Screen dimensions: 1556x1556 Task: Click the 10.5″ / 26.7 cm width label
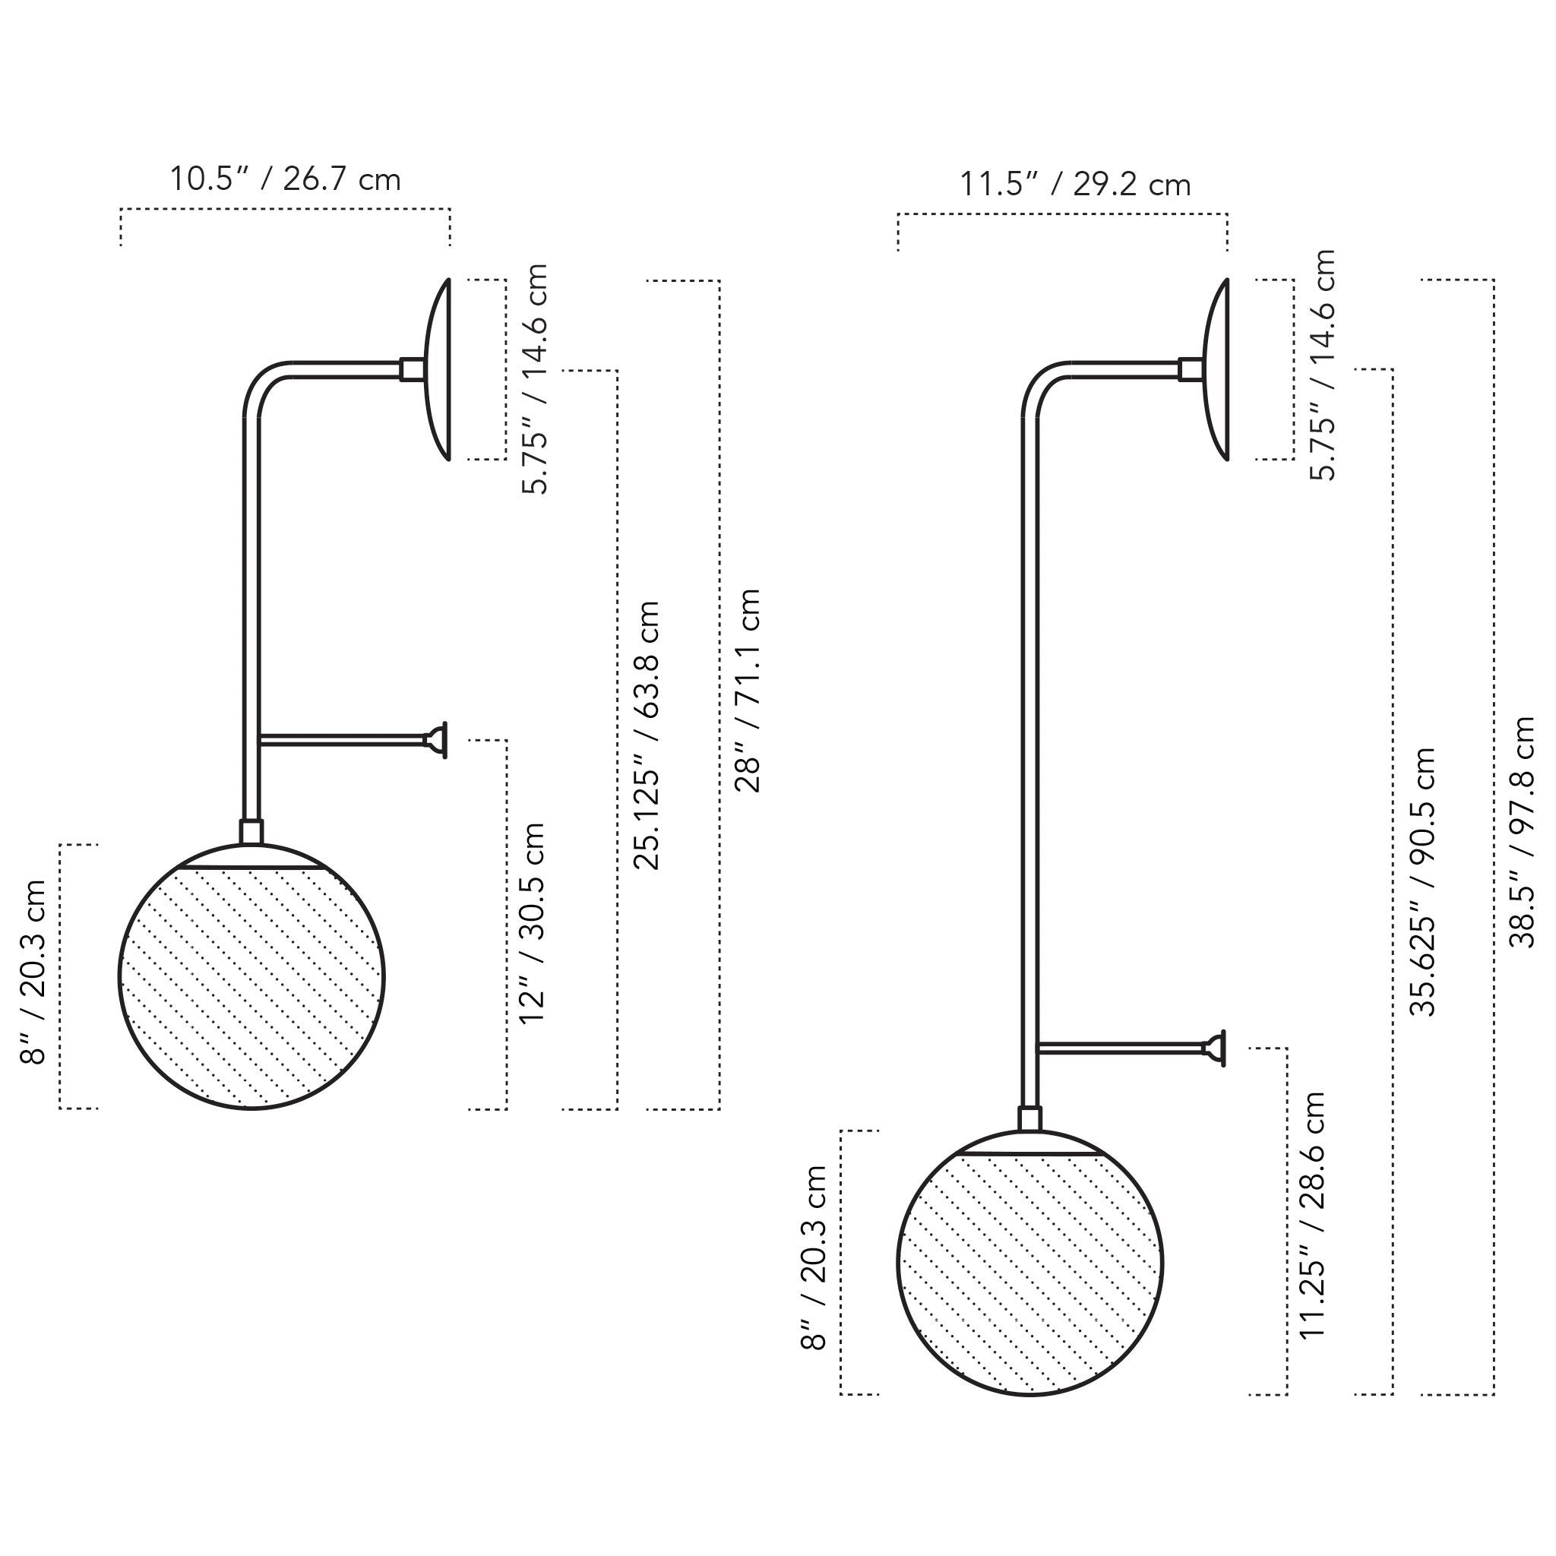click(x=284, y=179)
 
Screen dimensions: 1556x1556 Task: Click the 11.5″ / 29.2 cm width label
click(x=1074, y=185)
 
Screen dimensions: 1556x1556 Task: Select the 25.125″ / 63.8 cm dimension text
click(x=647, y=735)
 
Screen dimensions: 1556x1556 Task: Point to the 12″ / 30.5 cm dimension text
click(x=533, y=922)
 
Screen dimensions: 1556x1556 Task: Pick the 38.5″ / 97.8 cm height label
click(x=1522, y=831)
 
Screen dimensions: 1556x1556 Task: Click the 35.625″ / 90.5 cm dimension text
click(x=1423, y=882)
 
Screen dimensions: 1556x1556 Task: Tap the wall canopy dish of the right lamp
click(x=1217, y=368)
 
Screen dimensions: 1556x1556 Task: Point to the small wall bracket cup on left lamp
click(x=437, y=739)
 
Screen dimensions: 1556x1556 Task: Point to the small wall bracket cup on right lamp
click(x=1216, y=1048)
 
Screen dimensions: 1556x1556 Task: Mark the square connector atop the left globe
click(x=251, y=832)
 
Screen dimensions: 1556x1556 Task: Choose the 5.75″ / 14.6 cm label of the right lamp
click(x=1323, y=365)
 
